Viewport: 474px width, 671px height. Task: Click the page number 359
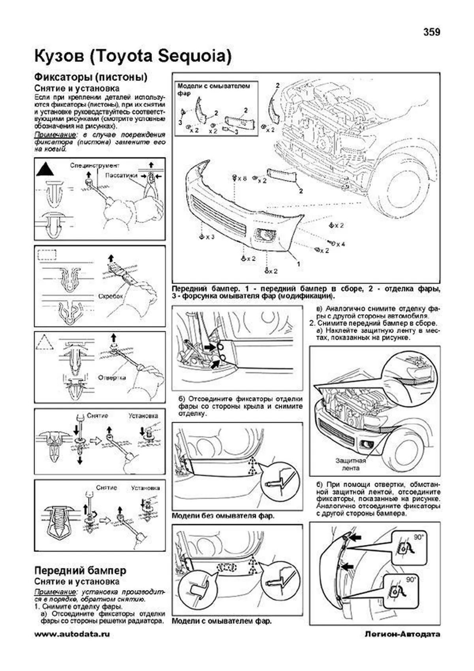coord(431,32)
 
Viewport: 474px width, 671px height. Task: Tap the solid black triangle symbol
coord(45,170)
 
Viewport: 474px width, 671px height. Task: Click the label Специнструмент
coord(95,165)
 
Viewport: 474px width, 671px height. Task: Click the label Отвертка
coord(112,377)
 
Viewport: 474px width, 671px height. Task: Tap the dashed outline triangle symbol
coord(44,342)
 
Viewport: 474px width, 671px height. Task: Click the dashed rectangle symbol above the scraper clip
coord(47,254)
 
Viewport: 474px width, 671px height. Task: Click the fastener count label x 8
coord(242,178)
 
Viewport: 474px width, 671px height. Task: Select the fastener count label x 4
coord(340,244)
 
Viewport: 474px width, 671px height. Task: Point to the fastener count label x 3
coord(209,237)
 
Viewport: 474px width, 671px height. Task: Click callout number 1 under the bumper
coord(298,264)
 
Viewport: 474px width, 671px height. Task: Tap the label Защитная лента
coord(350,464)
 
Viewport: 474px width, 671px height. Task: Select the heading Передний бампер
coord(80,570)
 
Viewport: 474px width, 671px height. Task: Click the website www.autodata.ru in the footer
coord(72,634)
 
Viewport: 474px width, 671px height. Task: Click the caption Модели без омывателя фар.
coord(223,516)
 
